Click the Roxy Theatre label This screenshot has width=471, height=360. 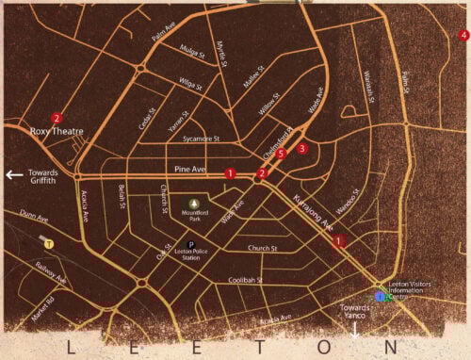(57, 132)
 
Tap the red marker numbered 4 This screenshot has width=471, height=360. (463, 35)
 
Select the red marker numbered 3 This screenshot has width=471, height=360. (302, 148)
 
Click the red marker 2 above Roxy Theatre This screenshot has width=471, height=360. (57, 119)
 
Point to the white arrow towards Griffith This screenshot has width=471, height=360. (13, 174)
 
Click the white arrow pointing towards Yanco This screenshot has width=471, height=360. (355, 331)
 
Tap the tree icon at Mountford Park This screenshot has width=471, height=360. (195, 203)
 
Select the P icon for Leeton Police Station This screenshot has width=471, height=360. (189, 244)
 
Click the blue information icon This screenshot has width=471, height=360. (380, 296)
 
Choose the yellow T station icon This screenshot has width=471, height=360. (49, 242)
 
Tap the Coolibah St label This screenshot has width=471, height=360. (246, 280)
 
